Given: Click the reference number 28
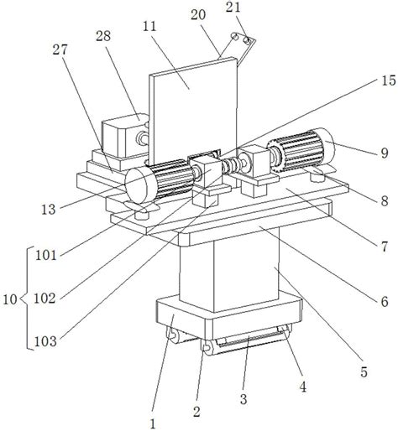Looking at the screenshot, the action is [103, 36].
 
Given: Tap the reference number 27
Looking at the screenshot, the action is [60, 50].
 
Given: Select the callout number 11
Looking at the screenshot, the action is [149, 27].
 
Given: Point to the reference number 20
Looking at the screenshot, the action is [198, 15].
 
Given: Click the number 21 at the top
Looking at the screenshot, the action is [233, 8].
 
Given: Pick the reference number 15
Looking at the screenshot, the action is [389, 80].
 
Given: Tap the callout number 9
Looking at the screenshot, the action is [385, 153].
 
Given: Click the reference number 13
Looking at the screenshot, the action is [49, 210].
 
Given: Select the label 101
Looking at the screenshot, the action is [46, 256].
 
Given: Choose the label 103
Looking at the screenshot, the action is [45, 341].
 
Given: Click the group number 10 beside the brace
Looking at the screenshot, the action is [10, 299].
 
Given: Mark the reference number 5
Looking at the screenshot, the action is [364, 372].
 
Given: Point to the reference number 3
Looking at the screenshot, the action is [244, 399].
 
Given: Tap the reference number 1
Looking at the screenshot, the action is [153, 424].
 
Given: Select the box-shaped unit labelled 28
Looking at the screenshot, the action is [124, 137].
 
